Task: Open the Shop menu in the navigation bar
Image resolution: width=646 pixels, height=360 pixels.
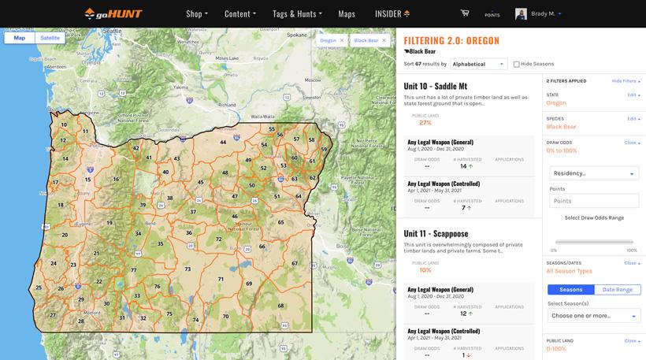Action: pyautogui.click(x=197, y=13)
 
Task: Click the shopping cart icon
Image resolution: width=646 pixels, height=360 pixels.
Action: pyautogui.click(x=465, y=13)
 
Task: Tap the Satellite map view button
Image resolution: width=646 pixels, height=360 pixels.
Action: pyautogui.click(x=50, y=38)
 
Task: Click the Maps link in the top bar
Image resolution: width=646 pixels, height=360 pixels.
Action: pyautogui.click(x=347, y=13)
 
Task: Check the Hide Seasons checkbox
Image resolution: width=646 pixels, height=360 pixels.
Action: pyautogui.click(x=517, y=64)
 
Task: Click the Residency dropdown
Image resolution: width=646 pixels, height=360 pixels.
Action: pyautogui.click(x=593, y=173)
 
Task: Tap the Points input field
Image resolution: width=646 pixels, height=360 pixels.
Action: pyautogui.click(x=593, y=201)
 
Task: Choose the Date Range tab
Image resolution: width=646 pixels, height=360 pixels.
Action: pyautogui.click(x=618, y=290)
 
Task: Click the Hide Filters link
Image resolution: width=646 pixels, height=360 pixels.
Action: pyautogui.click(x=626, y=81)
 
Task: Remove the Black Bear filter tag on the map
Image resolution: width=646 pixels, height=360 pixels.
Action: pyautogui.click(x=384, y=40)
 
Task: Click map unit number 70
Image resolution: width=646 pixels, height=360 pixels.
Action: pyautogui.click(x=225, y=316)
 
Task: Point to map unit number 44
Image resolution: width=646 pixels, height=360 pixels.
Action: pyautogui.click(x=223, y=143)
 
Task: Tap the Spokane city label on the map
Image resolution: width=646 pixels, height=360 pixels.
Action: pyautogui.click(x=296, y=35)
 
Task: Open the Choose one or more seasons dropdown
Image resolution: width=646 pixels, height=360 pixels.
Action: pyautogui.click(x=593, y=316)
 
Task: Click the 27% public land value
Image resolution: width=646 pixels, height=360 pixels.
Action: pyautogui.click(x=425, y=123)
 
